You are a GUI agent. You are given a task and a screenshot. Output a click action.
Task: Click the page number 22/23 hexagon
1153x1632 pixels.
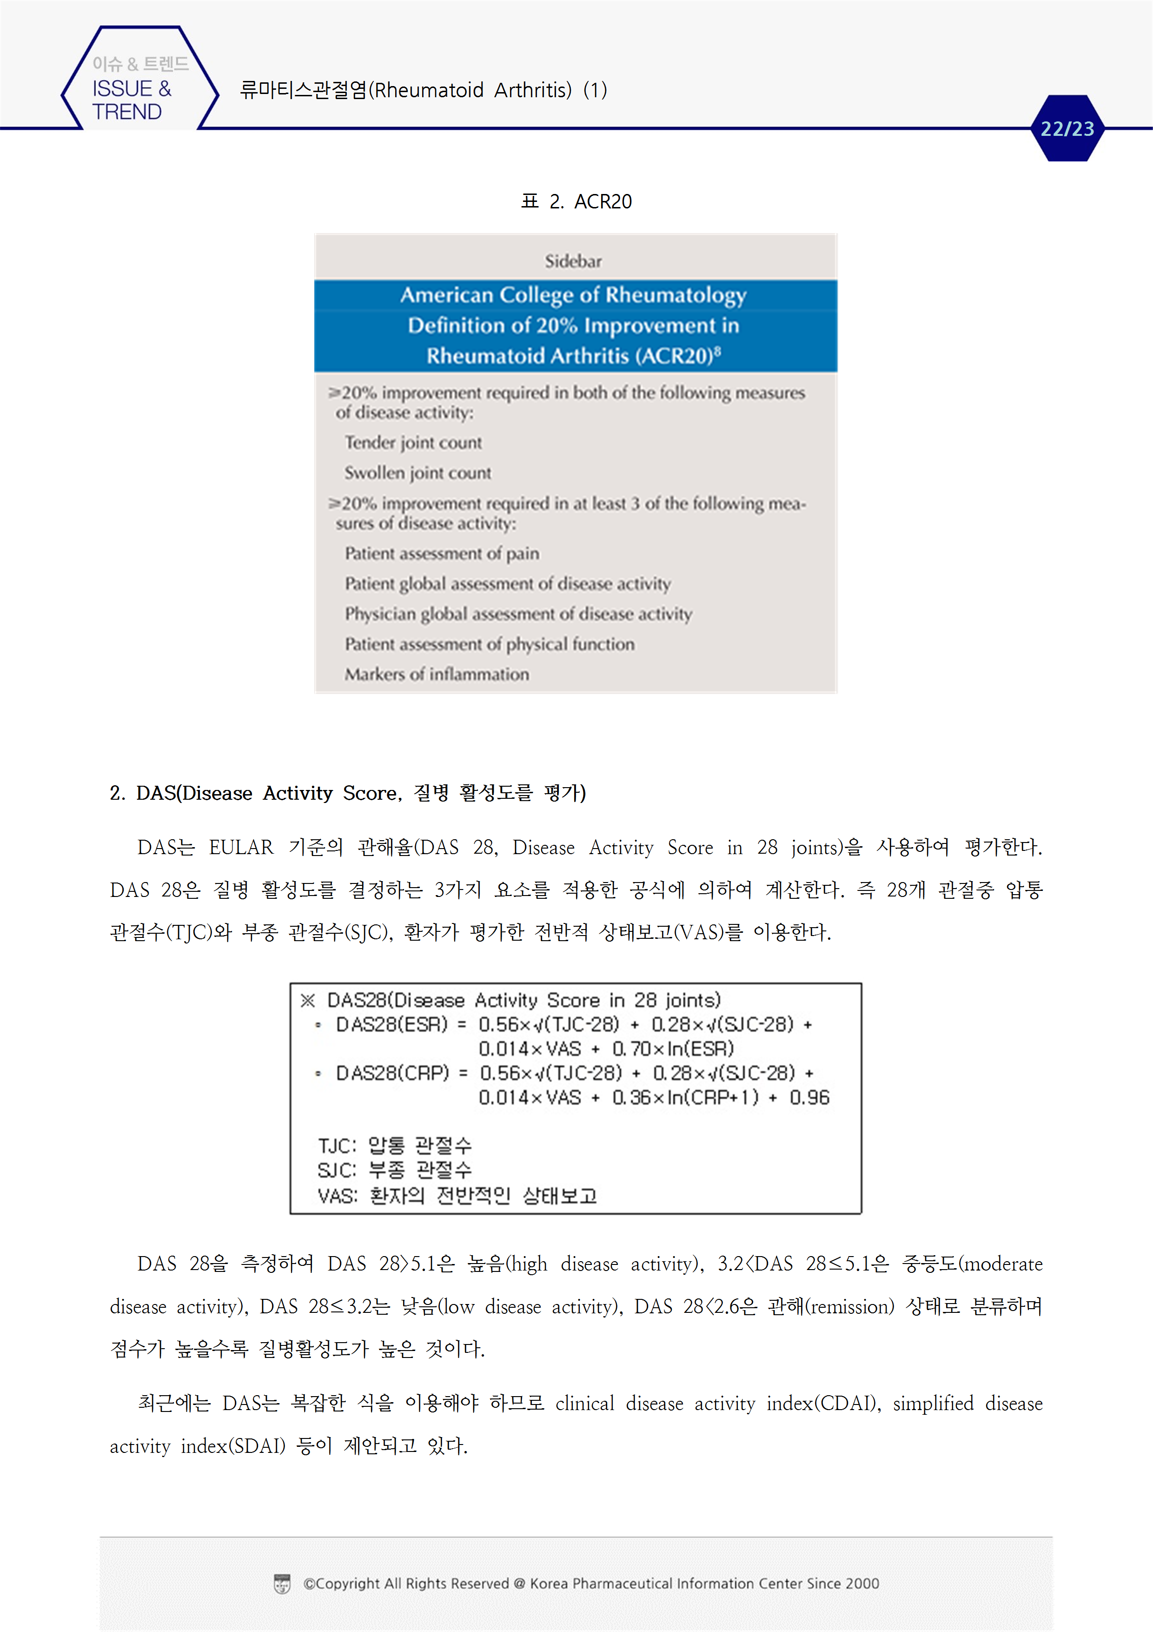click(x=1067, y=129)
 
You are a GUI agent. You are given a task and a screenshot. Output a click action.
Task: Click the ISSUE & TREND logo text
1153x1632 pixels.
click(x=132, y=100)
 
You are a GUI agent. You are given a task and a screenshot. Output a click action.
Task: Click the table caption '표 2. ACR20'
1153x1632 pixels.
click(x=576, y=202)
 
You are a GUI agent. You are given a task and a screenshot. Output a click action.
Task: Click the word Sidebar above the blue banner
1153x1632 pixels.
click(x=573, y=261)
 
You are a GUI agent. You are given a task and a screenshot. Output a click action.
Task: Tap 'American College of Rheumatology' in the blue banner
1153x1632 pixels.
click(x=573, y=295)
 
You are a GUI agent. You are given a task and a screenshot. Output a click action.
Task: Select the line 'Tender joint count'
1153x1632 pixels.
click(x=413, y=443)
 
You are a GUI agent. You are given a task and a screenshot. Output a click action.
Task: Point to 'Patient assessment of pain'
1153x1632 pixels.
click(x=442, y=554)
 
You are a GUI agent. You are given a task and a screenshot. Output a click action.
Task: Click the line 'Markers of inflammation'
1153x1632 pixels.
click(x=437, y=675)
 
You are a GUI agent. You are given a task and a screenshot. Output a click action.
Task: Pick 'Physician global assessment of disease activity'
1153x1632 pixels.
click(x=518, y=614)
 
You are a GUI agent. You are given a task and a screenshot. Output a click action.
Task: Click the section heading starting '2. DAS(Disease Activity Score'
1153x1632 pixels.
click(x=347, y=793)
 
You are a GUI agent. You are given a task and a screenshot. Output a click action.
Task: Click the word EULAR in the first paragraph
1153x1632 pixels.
click(x=241, y=848)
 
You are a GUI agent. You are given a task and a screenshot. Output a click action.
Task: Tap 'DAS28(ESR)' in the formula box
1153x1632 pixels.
click(x=392, y=1025)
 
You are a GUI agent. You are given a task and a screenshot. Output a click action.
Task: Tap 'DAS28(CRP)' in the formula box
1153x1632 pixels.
click(x=392, y=1073)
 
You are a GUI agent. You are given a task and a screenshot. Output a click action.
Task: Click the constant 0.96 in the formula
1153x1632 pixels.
click(x=809, y=1098)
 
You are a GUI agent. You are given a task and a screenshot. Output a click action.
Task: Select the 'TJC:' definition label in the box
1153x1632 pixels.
click(x=337, y=1146)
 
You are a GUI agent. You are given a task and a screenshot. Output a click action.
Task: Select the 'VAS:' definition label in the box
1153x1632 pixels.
click(x=338, y=1196)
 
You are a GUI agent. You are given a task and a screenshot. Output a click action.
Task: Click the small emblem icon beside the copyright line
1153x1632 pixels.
click(x=282, y=1584)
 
